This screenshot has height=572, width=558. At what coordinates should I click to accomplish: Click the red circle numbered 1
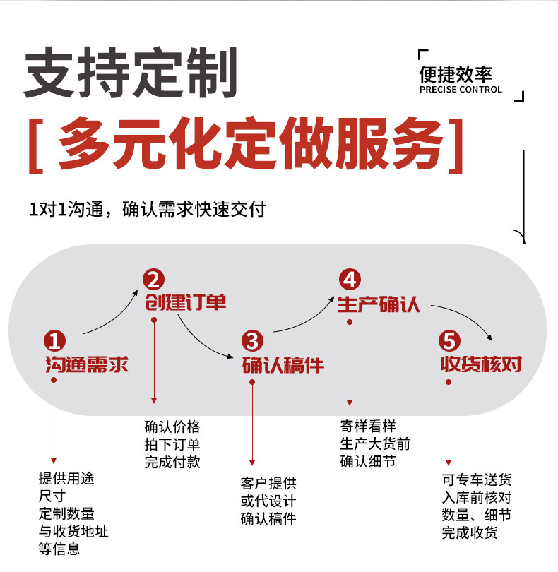coord(54,341)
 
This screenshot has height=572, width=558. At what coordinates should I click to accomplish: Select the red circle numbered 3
coord(252,341)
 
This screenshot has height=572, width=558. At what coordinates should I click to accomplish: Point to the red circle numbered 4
coord(349,280)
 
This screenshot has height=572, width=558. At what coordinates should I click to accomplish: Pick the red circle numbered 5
coord(449,341)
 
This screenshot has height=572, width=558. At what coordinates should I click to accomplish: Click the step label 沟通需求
coord(87,365)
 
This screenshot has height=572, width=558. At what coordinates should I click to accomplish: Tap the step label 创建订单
coord(186,303)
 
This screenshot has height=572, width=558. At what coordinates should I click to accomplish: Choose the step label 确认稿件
coord(283,365)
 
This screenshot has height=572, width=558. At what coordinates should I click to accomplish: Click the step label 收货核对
coord(481,364)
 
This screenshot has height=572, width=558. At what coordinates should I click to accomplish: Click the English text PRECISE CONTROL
coord(461,90)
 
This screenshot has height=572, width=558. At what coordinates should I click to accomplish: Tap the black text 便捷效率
coord(455,74)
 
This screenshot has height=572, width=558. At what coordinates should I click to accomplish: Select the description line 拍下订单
coord(172,444)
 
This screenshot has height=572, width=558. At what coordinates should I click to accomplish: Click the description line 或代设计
coord(268,501)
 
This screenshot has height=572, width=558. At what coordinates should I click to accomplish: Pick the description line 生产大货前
coord(375,444)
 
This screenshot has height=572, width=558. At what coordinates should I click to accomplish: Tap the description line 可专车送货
coord(477,480)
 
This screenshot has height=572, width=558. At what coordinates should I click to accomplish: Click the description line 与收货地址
coord(73,531)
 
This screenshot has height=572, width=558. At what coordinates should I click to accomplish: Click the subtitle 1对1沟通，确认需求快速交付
coord(147,210)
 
